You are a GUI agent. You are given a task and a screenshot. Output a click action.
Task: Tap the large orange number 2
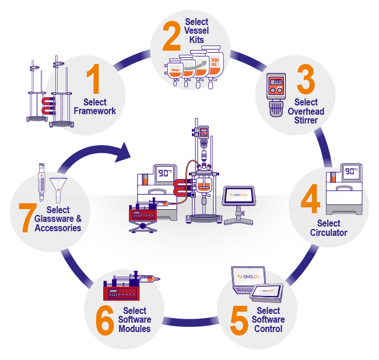[x=171, y=37]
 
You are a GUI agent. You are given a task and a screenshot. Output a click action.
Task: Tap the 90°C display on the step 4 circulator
[x=350, y=173]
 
